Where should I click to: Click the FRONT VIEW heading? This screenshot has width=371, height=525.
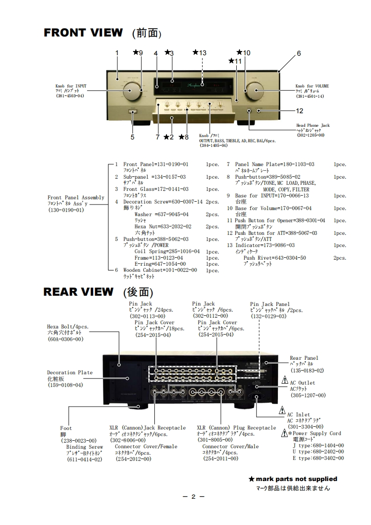(83, 33)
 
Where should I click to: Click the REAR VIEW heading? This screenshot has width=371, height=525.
(78, 292)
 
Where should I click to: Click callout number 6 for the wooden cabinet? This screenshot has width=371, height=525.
(298, 53)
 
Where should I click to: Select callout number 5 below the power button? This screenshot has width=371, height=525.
(132, 137)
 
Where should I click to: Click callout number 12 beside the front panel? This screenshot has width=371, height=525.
(299, 111)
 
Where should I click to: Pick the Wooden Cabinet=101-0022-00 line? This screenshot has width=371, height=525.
(160, 270)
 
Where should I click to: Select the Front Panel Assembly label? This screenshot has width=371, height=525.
(76, 198)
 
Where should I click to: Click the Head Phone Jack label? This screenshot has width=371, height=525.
(313, 125)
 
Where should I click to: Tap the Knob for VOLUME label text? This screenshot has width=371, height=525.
(312, 86)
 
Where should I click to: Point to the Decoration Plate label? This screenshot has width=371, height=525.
(70, 373)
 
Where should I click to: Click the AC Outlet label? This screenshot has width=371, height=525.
(302, 383)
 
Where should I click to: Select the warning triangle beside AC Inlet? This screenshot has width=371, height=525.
(282, 411)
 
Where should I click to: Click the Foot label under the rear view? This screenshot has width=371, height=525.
(66, 428)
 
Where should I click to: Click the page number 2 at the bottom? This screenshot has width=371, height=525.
(193, 496)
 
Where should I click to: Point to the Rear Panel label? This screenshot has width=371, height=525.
(304, 358)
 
